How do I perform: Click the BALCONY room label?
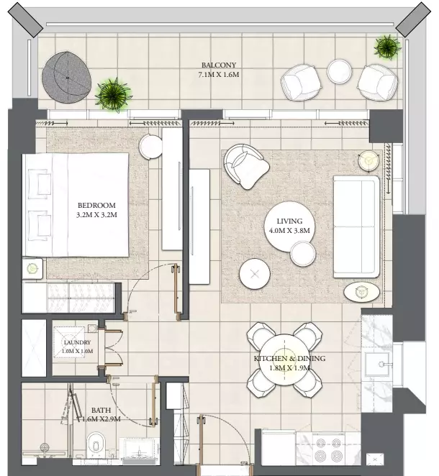219,65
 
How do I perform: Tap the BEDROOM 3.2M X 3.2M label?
96,210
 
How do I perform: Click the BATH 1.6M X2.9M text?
101,414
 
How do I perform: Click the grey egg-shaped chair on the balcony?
66,78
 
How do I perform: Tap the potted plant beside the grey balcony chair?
113,95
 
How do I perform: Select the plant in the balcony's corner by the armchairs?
387,47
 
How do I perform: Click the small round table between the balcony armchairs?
340,71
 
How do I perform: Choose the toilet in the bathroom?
96,445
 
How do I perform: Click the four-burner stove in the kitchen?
329,449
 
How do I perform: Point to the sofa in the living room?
357,226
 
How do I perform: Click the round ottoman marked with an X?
255,274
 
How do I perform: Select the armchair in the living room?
245,167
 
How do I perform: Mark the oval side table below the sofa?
361,292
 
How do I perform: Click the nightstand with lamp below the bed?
32,268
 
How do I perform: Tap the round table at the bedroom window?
150,147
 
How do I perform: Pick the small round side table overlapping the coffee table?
302,254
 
